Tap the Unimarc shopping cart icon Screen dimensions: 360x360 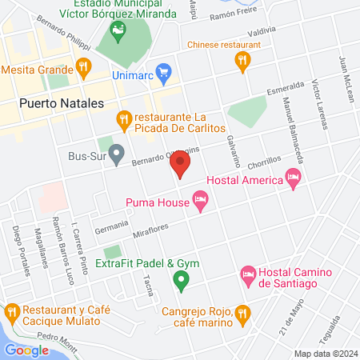(x=164, y=73)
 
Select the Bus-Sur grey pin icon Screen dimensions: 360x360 (x=117, y=151)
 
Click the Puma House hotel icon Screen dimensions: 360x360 (x=200, y=204)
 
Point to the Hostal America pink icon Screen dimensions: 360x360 (x=294, y=180)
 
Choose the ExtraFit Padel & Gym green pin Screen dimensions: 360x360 (x=181, y=280)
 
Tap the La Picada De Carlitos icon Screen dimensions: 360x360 (x=123, y=120)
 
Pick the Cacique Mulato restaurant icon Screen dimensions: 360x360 (x=12, y=310)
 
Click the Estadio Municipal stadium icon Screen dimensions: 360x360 (x=118, y=31)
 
